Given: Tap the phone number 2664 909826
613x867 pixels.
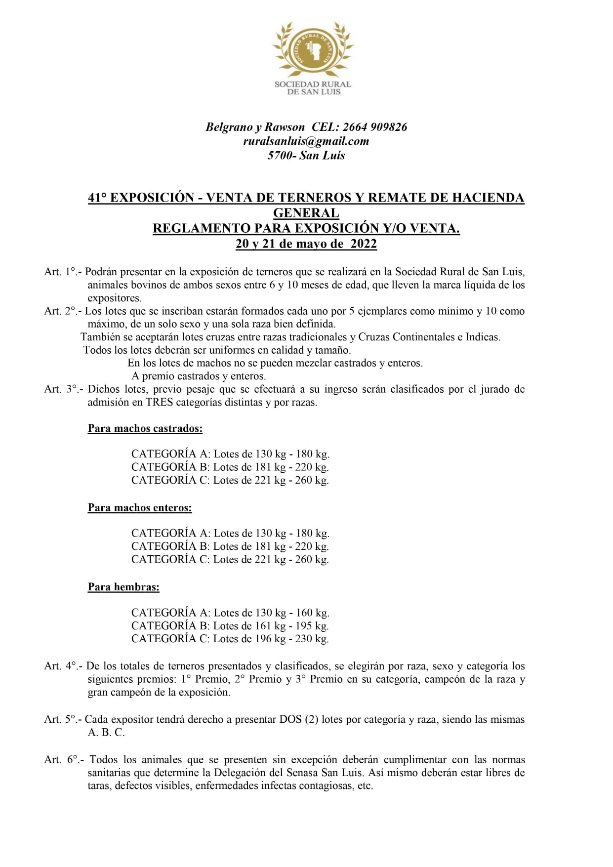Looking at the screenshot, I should pyautogui.click(x=375, y=127).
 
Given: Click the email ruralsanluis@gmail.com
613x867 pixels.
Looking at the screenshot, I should pyautogui.click(x=306, y=141).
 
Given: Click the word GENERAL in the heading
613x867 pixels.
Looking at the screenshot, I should pyautogui.click(x=306, y=213).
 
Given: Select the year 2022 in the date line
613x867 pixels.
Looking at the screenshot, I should pyautogui.click(x=364, y=244).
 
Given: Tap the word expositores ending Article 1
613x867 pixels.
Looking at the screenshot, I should pyautogui.click(x=114, y=298).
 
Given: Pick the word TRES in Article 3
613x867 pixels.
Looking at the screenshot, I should pyautogui.click(x=160, y=402).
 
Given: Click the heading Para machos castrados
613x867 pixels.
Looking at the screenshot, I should pyautogui.click(x=145, y=428).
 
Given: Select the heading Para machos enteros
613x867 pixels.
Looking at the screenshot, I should pyautogui.click(x=140, y=508).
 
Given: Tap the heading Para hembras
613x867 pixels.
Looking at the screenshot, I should pyautogui.click(x=123, y=587).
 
